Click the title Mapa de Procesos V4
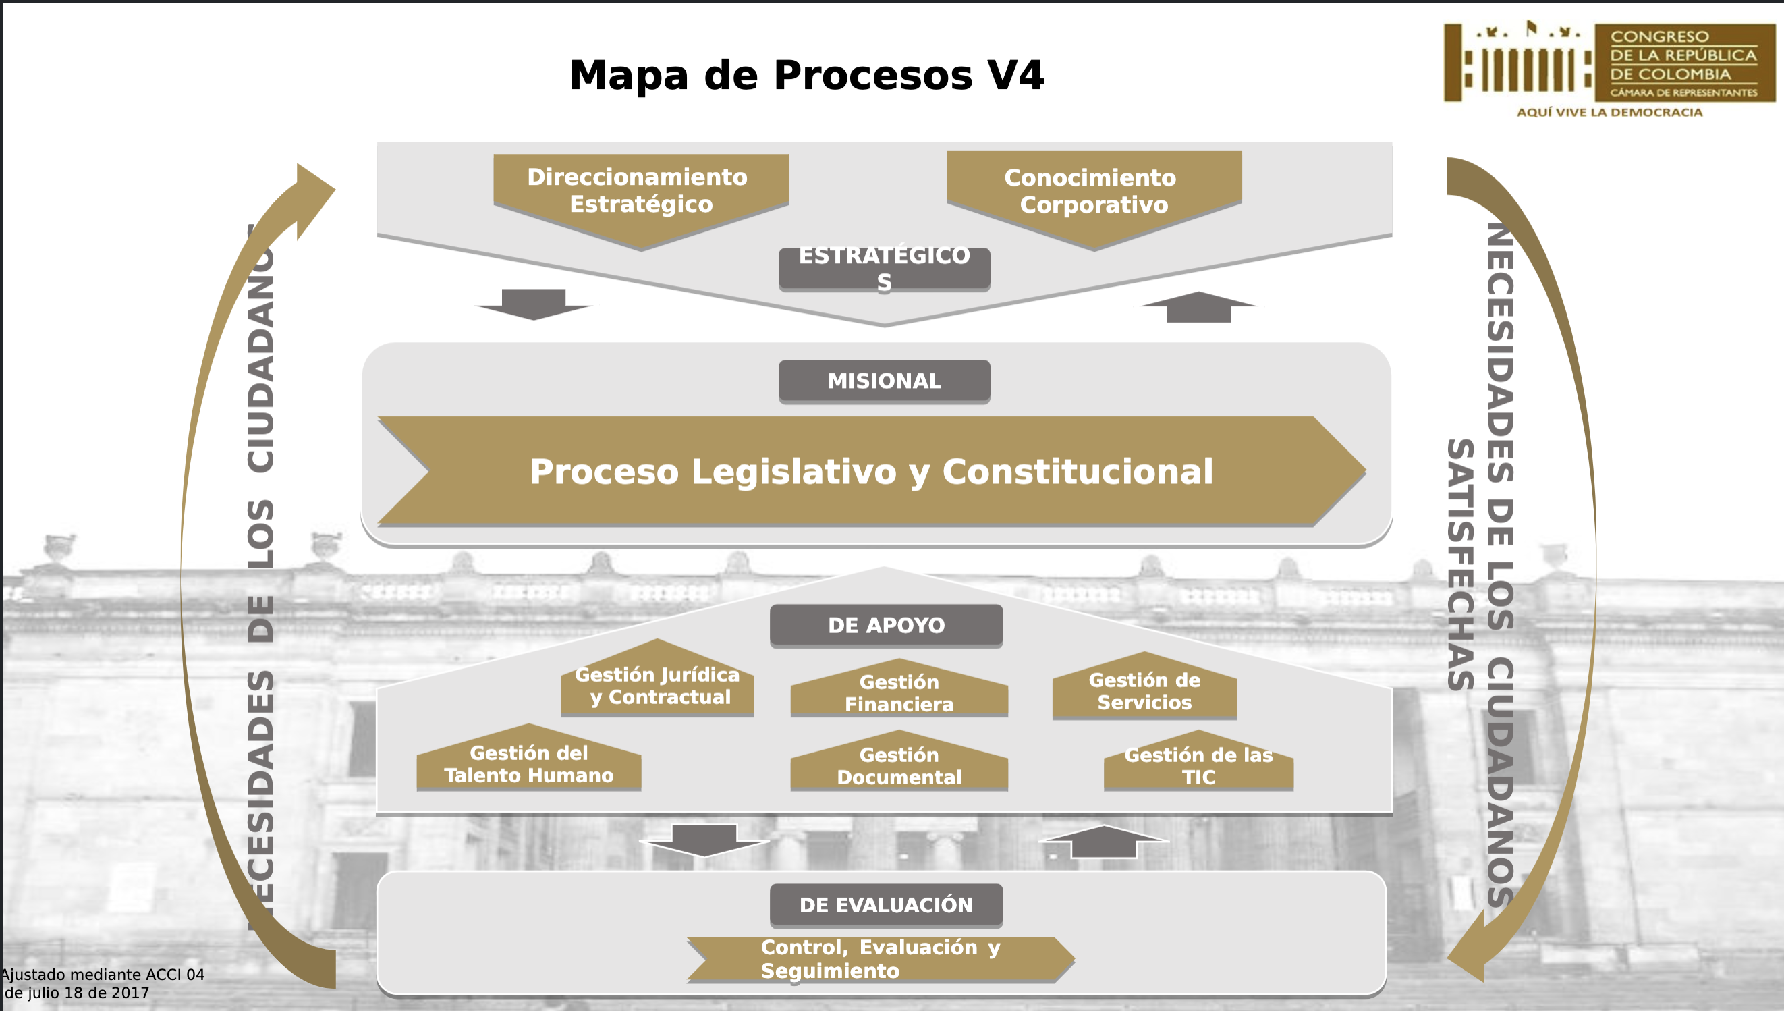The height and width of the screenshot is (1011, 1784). click(x=806, y=75)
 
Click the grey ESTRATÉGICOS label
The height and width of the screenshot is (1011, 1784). click(x=885, y=269)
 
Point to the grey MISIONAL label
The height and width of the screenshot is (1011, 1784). click(x=885, y=381)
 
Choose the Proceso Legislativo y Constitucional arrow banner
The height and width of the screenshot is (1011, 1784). click(x=872, y=472)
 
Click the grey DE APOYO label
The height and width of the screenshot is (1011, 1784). click(x=887, y=626)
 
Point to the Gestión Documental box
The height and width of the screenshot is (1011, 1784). click(x=899, y=761)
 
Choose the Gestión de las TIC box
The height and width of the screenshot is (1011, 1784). click(x=1199, y=761)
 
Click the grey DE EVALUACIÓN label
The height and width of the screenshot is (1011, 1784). click(x=887, y=906)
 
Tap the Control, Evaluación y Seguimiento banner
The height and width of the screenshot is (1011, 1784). click(x=881, y=960)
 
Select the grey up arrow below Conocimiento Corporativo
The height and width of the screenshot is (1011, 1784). click(x=1199, y=307)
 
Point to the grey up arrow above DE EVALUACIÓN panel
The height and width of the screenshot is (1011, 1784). click(x=1104, y=842)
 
